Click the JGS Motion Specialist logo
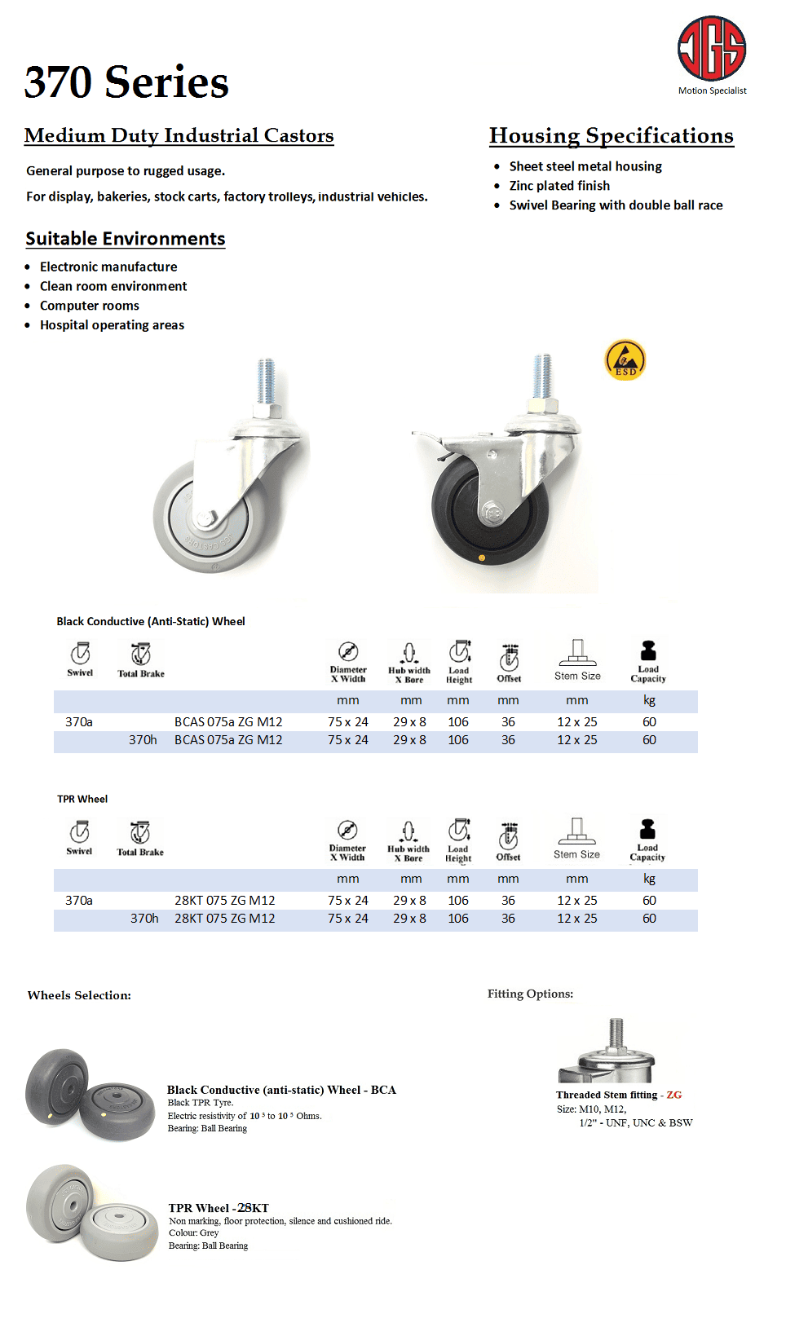click(712, 54)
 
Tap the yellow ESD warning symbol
click(625, 360)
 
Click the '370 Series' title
click(126, 82)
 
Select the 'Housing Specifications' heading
click(611, 135)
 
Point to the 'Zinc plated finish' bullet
click(559, 186)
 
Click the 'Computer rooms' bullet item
click(90, 306)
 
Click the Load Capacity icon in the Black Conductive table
click(648, 651)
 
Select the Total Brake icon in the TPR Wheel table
click(140, 831)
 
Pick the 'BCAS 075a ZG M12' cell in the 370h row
click(228, 740)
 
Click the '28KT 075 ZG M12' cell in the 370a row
click(225, 901)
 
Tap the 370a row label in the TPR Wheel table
click(79, 901)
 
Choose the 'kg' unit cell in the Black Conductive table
click(649, 700)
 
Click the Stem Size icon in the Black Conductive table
click(577, 652)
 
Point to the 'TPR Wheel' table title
click(82, 799)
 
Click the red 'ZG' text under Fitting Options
click(673, 1095)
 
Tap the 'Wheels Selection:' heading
click(79, 995)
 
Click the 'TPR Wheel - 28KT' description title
click(219, 1208)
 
